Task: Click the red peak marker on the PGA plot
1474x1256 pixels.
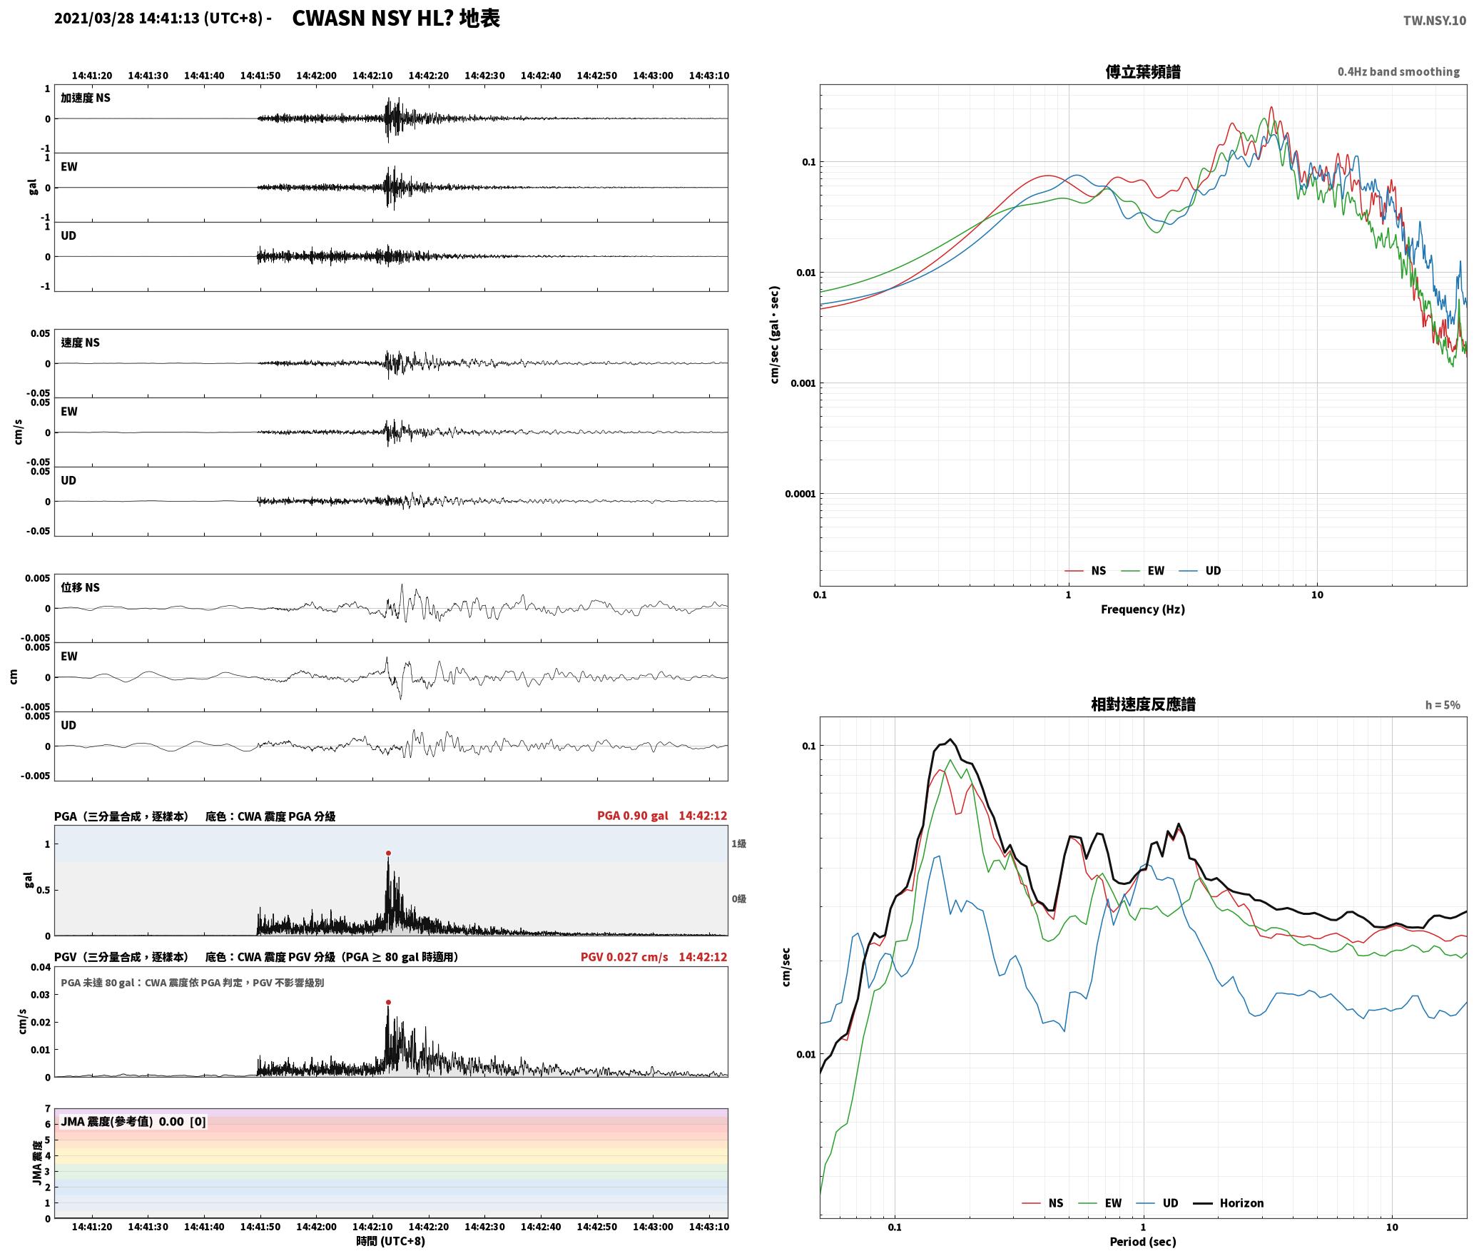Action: (x=388, y=853)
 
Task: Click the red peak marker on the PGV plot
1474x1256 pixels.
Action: (x=388, y=1002)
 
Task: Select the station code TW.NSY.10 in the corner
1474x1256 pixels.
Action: (x=1435, y=21)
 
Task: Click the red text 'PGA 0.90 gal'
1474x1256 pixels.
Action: (x=633, y=816)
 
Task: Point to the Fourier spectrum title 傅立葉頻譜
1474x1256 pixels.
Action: (x=1143, y=72)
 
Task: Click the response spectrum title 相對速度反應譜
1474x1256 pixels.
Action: (x=1143, y=704)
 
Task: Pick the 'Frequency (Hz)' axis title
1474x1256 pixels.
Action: (x=1143, y=609)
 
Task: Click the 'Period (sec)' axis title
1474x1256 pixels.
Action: (x=1143, y=1241)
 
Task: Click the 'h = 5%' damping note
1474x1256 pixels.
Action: (x=1443, y=705)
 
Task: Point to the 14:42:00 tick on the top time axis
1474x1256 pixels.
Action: (x=316, y=76)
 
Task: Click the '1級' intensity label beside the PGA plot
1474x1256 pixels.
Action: (x=738, y=844)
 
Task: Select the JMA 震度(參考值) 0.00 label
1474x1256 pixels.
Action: (x=133, y=1121)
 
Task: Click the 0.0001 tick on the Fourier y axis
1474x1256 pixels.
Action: (x=800, y=494)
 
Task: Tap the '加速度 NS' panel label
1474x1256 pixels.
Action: (x=86, y=98)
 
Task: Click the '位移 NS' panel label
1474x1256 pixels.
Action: (x=81, y=587)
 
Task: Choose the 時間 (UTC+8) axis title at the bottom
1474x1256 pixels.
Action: (x=391, y=1241)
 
